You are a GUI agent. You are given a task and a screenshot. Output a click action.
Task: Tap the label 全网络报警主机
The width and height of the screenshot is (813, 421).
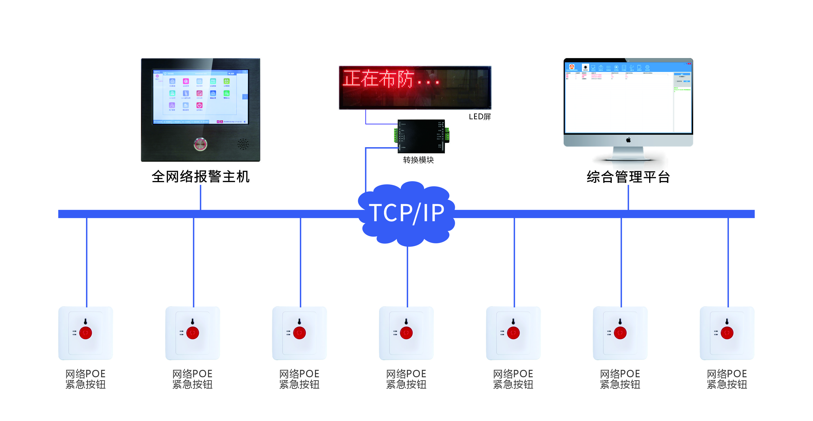pos(200,176)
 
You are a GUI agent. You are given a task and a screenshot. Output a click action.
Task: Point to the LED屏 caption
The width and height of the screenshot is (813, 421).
pos(480,117)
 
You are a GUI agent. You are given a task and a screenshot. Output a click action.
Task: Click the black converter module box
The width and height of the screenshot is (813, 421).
pos(421,136)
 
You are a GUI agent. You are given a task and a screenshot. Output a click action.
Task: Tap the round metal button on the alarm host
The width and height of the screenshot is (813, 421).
pos(200,144)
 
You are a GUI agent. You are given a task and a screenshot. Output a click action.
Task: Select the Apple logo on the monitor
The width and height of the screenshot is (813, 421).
pos(628,140)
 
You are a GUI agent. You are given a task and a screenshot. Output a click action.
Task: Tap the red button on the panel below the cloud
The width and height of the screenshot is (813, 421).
pos(406,333)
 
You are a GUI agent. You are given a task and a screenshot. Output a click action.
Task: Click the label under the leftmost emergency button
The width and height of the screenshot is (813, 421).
pos(86,379)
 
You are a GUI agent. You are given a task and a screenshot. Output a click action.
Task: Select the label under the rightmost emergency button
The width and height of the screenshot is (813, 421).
pos(727,379)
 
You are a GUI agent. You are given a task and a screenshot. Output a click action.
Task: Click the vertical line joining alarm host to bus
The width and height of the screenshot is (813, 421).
pos(200,198)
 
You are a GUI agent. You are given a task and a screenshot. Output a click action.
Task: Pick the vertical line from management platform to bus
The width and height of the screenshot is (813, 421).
pos(628,198)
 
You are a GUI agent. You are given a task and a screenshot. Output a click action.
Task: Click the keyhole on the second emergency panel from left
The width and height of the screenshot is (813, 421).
pos(193,321)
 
